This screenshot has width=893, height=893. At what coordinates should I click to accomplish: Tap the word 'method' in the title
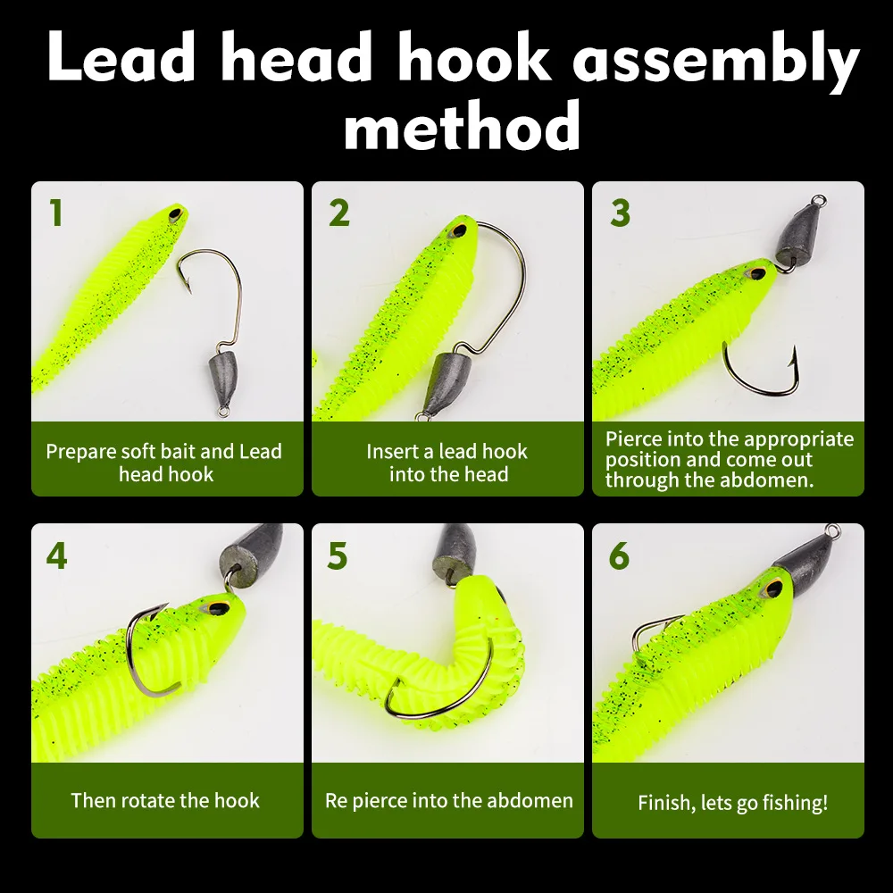click(x=462, y=128)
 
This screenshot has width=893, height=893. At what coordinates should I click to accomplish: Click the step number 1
click(x=56, y=213)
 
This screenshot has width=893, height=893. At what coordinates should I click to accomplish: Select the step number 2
click(x=338, y=213)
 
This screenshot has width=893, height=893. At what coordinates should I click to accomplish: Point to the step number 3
click(x=620, y=213)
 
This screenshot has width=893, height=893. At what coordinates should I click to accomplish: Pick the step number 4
click(x=56, y=555)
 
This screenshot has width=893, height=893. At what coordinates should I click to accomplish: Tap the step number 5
click(x=338, y=555)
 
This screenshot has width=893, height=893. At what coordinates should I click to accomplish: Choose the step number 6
click(x=619, y=555)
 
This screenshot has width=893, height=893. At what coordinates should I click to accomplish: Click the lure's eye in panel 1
click(x=173, y=214)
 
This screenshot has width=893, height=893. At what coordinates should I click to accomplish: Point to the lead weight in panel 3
click(x=791, y=236)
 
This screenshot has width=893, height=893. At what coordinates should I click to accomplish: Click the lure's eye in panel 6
click(x=769, y=589)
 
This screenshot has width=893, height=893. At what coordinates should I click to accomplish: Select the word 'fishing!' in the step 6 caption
click(x=791, y=803)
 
